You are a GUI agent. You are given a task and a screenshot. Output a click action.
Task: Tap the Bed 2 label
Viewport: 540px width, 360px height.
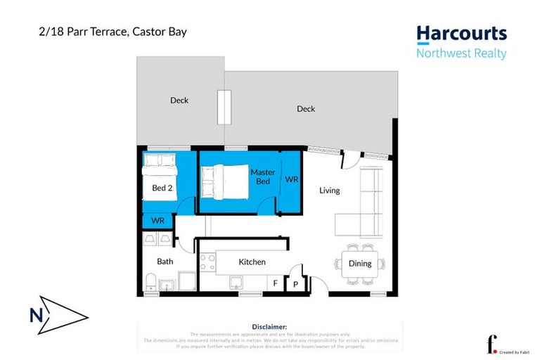162,188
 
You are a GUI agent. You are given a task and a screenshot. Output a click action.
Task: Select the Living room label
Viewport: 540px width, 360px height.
329,191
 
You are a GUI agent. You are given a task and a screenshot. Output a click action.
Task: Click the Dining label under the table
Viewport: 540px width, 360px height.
360,264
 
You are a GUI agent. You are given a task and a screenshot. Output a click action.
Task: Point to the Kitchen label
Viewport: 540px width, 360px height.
252,262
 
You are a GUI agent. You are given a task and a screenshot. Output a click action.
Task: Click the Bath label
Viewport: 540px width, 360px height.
165,262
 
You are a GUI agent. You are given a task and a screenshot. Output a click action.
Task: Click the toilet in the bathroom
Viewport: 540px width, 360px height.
149,283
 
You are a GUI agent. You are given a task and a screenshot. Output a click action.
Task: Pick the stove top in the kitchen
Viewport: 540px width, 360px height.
207,262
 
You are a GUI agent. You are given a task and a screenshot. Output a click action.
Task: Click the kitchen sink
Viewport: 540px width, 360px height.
238,283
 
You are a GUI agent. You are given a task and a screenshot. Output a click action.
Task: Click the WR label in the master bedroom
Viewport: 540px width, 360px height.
291,179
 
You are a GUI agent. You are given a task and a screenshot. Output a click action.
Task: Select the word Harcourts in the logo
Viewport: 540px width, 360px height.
461,34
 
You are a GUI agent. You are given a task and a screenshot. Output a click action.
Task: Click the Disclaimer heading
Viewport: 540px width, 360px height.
269,327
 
